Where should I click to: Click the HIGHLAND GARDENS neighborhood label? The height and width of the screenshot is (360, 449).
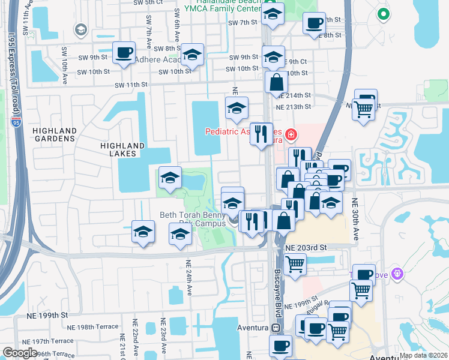55,134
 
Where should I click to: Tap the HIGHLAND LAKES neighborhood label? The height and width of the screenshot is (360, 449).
122,149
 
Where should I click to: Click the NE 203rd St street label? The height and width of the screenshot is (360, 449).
306,247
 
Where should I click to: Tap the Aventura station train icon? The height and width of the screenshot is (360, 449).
276,328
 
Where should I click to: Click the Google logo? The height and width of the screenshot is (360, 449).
20,353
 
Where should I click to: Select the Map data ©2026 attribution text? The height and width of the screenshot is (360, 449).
423,355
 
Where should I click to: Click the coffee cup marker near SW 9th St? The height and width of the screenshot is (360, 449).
124,53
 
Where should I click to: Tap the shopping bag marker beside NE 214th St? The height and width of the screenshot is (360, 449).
276,82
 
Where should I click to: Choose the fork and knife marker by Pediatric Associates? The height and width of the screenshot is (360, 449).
261,133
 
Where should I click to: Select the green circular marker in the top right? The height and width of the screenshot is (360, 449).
384,14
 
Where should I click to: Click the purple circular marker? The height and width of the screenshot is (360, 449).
396,274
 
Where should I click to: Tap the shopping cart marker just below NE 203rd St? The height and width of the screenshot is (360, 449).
295,264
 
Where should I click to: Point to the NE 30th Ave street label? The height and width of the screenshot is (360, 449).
355,219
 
